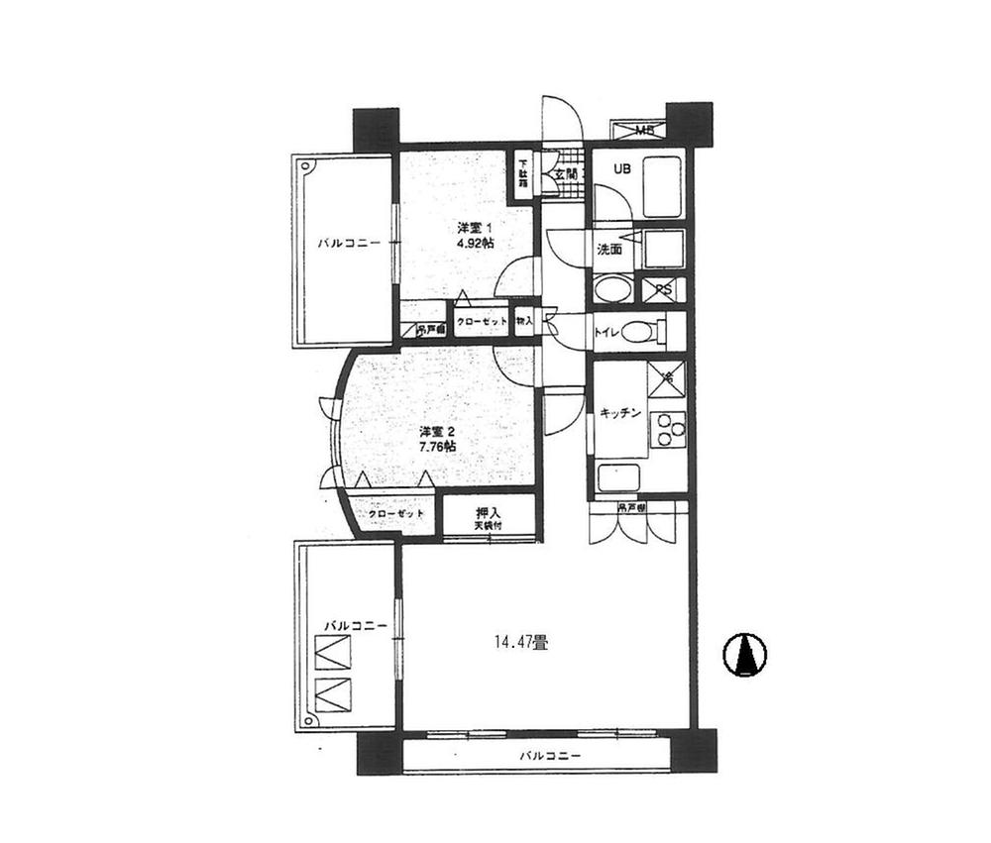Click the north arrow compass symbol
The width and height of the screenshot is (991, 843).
745,655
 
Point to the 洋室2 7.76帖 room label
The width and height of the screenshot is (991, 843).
437,439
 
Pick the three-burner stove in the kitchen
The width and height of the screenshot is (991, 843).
668,428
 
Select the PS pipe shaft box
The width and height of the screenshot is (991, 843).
662,290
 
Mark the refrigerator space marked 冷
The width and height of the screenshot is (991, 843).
667,378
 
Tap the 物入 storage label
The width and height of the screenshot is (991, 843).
525,321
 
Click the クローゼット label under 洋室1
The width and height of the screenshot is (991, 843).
482,322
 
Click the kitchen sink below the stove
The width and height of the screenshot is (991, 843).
619,475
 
